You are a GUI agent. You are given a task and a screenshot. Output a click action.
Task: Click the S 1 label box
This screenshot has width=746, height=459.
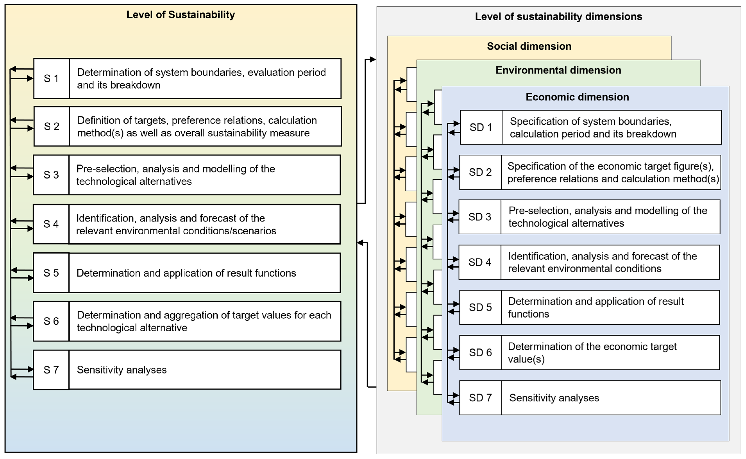click(x=51, y=78)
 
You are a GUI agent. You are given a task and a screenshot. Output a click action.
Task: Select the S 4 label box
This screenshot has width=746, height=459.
click(x=51, y=224)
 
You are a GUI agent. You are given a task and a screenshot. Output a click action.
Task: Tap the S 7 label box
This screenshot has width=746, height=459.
click(x=51, y=370)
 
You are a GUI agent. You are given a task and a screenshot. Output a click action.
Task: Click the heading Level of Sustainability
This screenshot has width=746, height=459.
click(x=181, y=15)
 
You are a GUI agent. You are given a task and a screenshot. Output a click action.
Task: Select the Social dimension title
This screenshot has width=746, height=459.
click(x=529, y=46)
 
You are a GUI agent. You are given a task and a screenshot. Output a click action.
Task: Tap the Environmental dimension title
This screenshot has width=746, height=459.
click(x=558, y=70)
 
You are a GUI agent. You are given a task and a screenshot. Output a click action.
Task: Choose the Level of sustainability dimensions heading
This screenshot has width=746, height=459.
click(x=558, y=16)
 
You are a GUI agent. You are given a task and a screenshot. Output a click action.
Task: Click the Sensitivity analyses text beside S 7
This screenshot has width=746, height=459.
click(x=122, y=370)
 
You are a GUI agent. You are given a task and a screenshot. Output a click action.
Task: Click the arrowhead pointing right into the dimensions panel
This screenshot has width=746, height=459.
click(x=373, y=60)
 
